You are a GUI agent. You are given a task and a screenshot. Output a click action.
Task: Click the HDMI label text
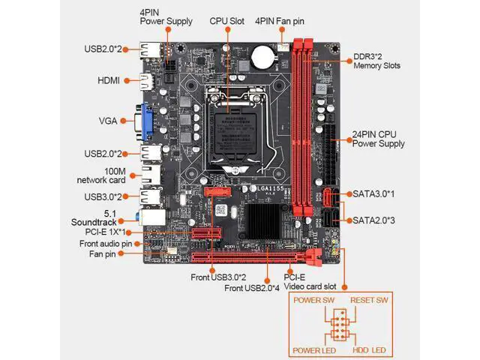pyautogui.click(x=109, y=80)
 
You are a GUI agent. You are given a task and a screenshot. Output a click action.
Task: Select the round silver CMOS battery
pyautogui.click(x=262, y=57)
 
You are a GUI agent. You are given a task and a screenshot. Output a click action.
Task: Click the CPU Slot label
pyautogui.click(x=226, y=21)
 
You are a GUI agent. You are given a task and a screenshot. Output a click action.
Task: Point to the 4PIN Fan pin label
pyautogui.click(x=280, y=21)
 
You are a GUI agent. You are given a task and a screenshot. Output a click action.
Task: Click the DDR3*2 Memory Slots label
pyautogui.click(x=376, y=61)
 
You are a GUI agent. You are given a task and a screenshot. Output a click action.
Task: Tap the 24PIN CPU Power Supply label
pyautogui.click(x=378, y=139)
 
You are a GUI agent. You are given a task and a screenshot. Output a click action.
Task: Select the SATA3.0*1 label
pyautogui.click(x=373, y=193)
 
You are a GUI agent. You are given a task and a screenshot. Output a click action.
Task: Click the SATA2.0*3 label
pyautogui.click(x=373, y=220)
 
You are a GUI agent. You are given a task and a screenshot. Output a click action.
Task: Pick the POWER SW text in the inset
pyautogui.click(x=313, y=300)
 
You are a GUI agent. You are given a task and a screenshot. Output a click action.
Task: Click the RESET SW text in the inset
pyautogui.click(x=369, y=300)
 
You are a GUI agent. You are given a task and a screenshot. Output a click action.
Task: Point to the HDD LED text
pyautogui.click(x=369, y=350)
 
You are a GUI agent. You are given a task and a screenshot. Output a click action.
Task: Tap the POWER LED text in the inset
pyautogui.click(x=314, y=350)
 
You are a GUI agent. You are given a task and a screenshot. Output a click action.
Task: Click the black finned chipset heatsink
pyautogui.click(x=262, y=221)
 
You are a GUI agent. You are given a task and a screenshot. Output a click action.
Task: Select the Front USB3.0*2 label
pyautogui.click(x=218, y=277)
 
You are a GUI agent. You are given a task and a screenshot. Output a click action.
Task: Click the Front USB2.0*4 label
pyautogui.click(x=252, y=288)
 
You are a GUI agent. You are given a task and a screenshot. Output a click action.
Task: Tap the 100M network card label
pyautogui.click(x=101, y=175)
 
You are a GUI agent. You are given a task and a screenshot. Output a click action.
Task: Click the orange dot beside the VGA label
pyautogui.click(x=123, y=121)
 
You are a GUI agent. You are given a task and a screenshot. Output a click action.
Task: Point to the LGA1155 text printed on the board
pyautogui.click(x=270, y=188)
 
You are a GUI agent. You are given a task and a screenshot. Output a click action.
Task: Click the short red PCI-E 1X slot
pyautogui.click(x=207, y=233)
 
